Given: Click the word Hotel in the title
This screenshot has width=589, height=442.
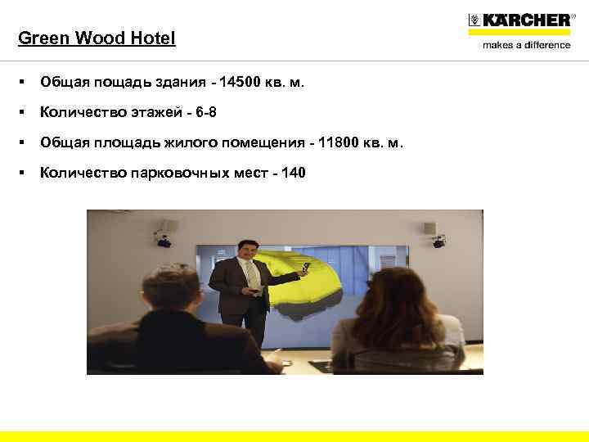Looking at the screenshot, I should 154,38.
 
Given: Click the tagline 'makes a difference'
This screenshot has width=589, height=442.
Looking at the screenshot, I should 526,45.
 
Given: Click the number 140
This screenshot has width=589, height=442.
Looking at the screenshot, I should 293,173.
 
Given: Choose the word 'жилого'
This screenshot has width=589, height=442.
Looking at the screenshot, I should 206,142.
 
